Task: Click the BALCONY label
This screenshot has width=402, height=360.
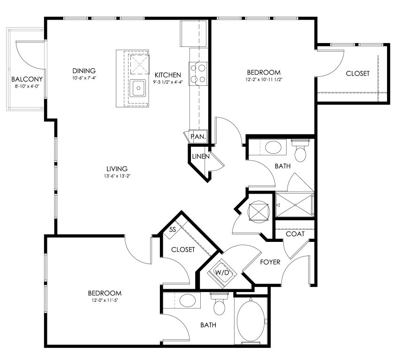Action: pos(27,79)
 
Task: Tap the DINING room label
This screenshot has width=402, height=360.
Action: pos(84,71)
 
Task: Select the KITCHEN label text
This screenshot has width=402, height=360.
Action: pos(168,75)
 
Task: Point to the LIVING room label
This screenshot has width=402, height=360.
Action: pos(117,169)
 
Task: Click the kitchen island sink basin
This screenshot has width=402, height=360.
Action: pos(138,88)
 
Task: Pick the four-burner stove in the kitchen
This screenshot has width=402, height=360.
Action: pos(198,74)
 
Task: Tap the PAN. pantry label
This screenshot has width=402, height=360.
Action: pos(198,136)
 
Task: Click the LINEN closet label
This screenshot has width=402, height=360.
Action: pos(201,156)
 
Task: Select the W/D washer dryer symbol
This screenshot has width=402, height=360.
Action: pos(222,273)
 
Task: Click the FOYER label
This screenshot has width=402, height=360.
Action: pos(270,262)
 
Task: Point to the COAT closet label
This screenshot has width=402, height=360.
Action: pos(295,234)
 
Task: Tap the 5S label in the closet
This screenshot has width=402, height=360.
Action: pos(173,230)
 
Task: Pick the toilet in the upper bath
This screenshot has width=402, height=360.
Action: pos(301,150)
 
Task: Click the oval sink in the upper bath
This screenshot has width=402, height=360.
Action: pos(273,147)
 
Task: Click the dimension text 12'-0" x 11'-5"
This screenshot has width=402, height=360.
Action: pos(104,300)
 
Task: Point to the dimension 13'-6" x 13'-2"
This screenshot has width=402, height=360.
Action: pos(117,176)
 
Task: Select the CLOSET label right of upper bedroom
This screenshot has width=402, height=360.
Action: pos(357,74)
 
